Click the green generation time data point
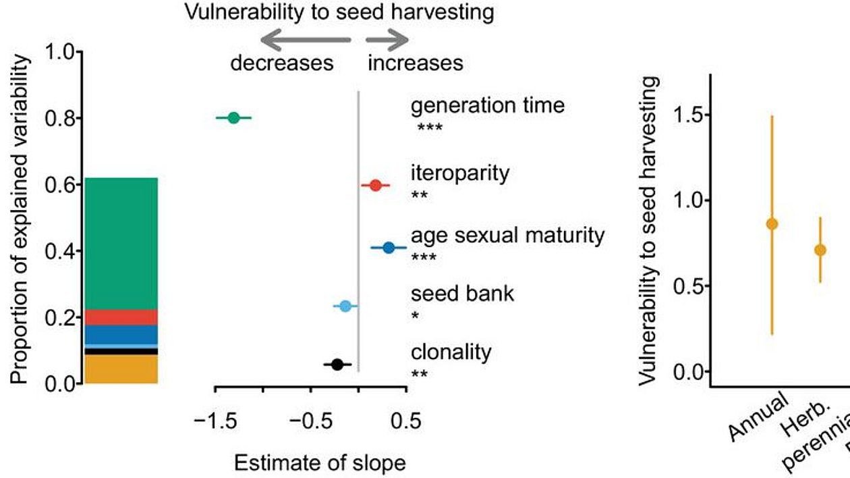point(233,118)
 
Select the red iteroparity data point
point(376,185)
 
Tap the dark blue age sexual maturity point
point(389,248)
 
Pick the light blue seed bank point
point(345,306)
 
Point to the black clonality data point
point(337,365)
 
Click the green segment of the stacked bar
point(121,243)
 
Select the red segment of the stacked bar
point(121,317)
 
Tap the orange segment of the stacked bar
point(121,369)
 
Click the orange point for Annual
point(772,223)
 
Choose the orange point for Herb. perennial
point(820,250)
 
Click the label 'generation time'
point(488,106)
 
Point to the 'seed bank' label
point(462,294)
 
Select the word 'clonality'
point(451,352)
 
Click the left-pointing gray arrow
point(304,41)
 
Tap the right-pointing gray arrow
point(387,41)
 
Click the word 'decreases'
point(282,63)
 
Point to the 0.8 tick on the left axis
point(79,119)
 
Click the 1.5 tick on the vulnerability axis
point(710,115)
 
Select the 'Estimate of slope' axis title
point(320,463)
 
